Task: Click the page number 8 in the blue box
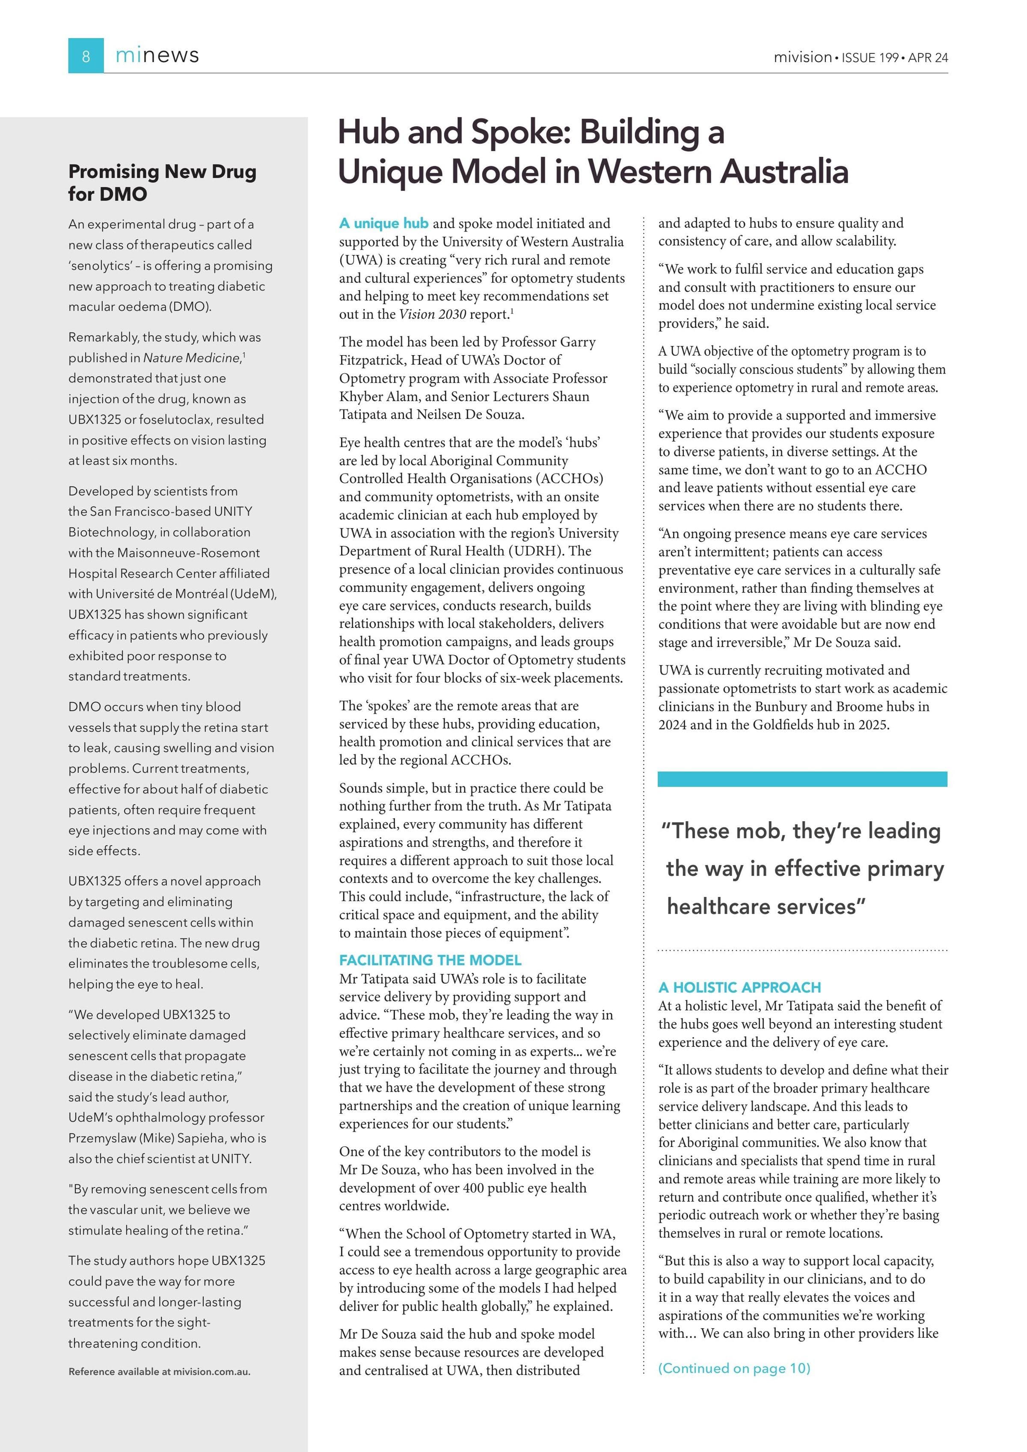click(86, 56)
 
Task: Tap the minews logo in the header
click(157, 56)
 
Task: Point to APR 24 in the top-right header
click(928, 57)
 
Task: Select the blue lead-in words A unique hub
click(383, 223)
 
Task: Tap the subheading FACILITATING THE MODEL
click(430, 960)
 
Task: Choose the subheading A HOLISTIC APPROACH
click(739, 987)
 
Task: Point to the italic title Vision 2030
click(432, 314)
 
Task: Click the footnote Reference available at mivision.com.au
click(159, 1372)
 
